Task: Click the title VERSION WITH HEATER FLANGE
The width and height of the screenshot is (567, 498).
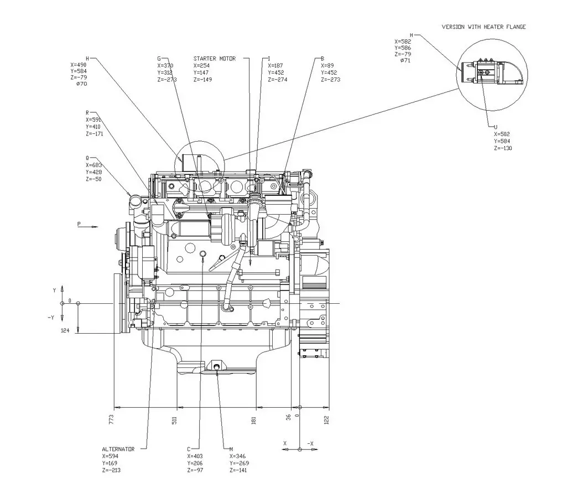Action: point(483,27)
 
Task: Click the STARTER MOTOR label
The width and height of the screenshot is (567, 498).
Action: point(215,58)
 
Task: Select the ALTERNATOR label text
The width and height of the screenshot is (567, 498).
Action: point(118,449)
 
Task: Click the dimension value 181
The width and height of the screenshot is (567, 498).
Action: point(253,420)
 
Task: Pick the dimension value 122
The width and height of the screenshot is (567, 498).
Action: point(326,419)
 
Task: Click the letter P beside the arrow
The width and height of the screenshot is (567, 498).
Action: point(79,224)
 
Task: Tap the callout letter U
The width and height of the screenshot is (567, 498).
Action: point(496,127)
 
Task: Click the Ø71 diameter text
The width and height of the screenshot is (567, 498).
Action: point(405,60)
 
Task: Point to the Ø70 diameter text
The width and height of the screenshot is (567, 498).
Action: point(81,84)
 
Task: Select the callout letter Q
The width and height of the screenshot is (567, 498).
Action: point(87,158)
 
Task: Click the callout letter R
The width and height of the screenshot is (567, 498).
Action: point(87,112)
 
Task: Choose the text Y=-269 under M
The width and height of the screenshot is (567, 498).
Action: point(239,463)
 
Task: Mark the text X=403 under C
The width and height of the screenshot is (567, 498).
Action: point(196,456)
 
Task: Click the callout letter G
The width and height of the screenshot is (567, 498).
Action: point(159,58)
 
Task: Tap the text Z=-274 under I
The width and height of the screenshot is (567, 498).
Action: point(277,80)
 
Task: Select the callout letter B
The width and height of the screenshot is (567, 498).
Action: point(322,58)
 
